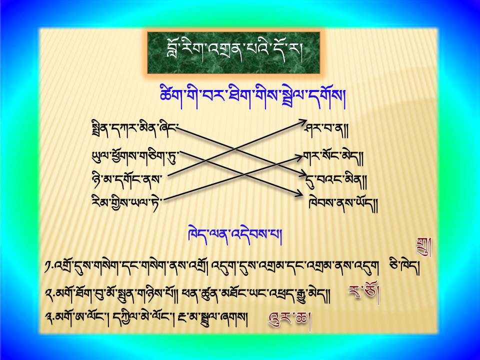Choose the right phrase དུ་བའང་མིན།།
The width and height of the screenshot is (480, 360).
(336, 180)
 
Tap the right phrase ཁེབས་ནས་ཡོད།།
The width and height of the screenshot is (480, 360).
(343, 204)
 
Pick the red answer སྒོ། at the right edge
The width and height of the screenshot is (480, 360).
(424, 246)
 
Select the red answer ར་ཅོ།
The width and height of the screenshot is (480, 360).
(364, 294)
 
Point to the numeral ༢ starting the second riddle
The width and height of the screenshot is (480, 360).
(48, 294)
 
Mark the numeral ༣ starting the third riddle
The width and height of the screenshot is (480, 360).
(48, 319)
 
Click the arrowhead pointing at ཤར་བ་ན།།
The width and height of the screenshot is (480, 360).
(303, 122)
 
